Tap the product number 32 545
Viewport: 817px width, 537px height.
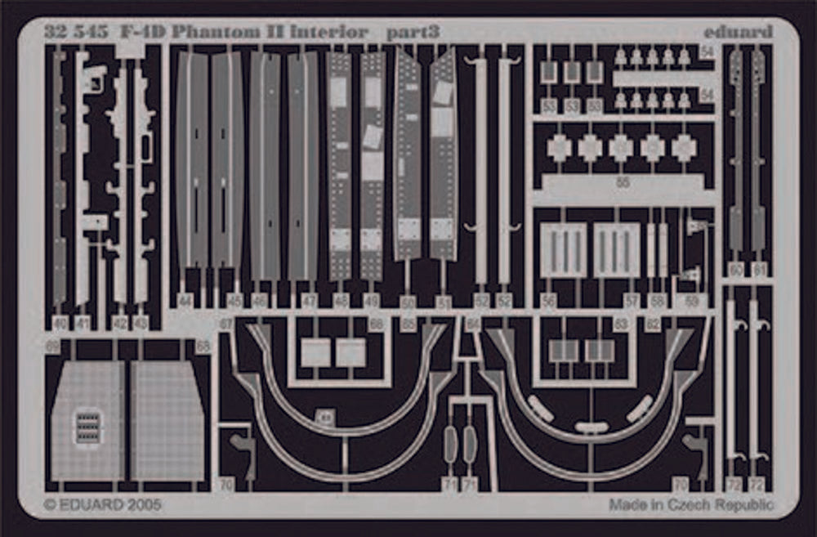[78, 33]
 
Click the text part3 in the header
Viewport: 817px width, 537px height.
[413, 33]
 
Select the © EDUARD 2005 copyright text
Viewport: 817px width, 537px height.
[102, 505]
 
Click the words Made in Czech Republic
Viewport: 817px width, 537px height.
[690, 505]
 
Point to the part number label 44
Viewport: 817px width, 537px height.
[185, 301]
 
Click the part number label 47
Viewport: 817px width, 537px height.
[309, 301]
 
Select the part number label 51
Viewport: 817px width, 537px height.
[444, 302]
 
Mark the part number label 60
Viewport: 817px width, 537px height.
[736, 269]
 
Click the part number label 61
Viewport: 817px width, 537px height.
[761, 269]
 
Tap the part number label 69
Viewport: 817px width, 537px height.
[53, 347]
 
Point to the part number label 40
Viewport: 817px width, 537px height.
[60, 324]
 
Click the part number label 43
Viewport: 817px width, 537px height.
[141, 324]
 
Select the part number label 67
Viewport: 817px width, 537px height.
[226, 324]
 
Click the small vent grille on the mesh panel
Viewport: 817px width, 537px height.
[88, 427]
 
